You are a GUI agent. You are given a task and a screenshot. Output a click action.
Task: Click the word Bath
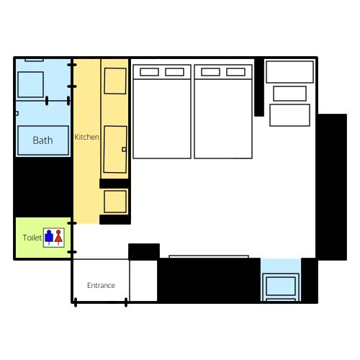pyautogui.click(x=42, y=140)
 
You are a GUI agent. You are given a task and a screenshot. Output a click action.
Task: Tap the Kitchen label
pyautogui.click(x=86, y=137)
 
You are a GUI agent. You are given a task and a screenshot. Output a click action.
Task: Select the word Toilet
pyautogui.click(x=32, y=238)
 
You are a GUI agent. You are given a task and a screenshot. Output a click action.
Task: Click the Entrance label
pyautogui.click(x=101, y=285)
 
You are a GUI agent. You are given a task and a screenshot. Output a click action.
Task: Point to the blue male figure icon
pyautogui.click(x=49, y=237)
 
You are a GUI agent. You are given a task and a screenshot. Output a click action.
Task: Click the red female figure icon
pyautogui.click(x=58, y=237)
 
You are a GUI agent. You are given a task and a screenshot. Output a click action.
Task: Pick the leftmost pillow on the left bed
pyautogui.click(x=149, y=72)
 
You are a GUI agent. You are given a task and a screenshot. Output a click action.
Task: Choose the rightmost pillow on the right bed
pyautogui.click(x=235, y=72)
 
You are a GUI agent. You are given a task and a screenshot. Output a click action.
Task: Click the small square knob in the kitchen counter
pyautogui.click(x=124, y=149)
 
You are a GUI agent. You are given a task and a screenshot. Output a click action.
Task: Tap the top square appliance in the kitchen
pyautogui.click(x=115, y=81)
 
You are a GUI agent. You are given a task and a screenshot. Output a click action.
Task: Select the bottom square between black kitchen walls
pyautogui.click(x=115, y=202)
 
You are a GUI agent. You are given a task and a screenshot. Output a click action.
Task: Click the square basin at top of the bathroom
pyautogui.click(x=31, y=84)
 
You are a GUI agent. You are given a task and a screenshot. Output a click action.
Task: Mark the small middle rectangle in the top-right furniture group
pyautogui.click(x=289, y=94)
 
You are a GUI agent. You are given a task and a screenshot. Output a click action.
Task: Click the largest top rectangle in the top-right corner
pyautogui.click(x=289, y=72)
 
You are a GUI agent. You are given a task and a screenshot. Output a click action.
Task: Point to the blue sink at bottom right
pyautogui.click(x=281, y=286)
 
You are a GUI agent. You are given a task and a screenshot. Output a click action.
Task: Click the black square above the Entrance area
pyautogui.click(x=144, y=251)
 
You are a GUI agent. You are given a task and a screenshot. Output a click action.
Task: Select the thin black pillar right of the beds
pyautogui.click(x=259, y=87)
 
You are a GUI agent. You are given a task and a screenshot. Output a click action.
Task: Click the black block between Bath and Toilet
pyautogui.click(x=43, y=187)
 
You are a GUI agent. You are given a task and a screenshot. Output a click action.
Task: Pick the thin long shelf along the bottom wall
pyautogui.click(x=209, y=257)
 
